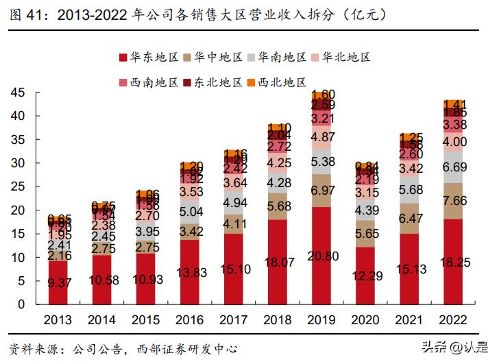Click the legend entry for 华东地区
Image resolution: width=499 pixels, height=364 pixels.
[x=153, y=58]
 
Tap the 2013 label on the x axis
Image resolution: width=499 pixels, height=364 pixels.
[x=60, y=319]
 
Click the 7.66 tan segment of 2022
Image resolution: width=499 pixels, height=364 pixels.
[x=454, y=202]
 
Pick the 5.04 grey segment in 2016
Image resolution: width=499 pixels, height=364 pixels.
[x=191, y=210]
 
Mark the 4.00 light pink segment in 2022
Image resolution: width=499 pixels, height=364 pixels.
[x=454, y=141]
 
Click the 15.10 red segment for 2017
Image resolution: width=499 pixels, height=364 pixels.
[x=235, y=269]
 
